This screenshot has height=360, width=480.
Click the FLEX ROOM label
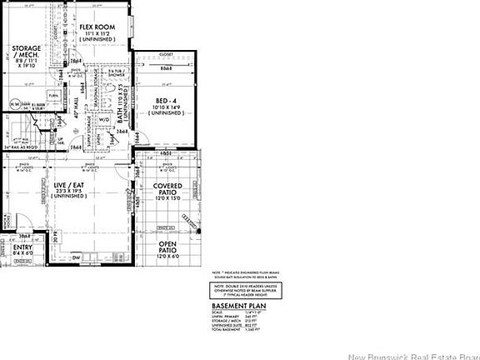coord(96,27)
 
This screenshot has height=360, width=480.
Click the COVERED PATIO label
coord(173,189)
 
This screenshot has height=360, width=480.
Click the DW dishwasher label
coord(75,257)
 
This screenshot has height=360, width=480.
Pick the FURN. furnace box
coord(52,95)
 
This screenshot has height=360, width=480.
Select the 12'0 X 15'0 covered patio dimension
coord(173,199)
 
